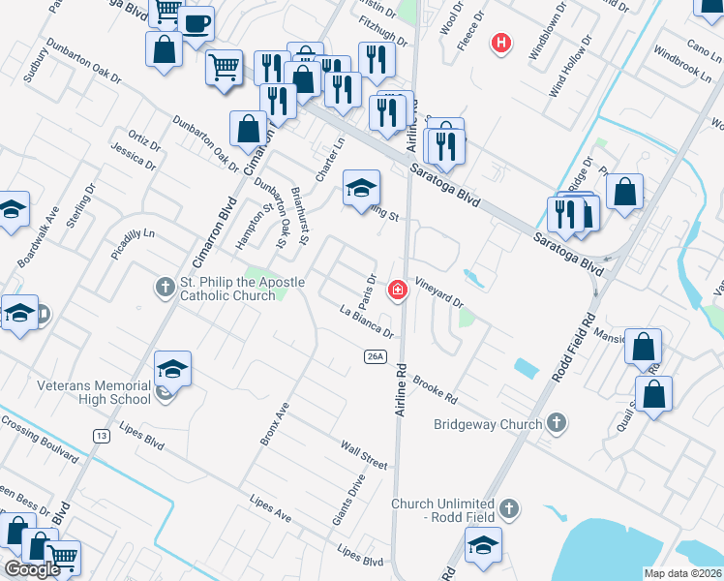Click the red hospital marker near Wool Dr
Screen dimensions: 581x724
(x=500, y=43)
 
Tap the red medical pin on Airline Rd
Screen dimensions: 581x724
(x=397, y=290)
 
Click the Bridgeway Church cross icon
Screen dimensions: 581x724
(x=556, y=422)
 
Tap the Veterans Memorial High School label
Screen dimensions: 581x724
(x=94, y=392)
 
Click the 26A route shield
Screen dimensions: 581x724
(x=377, y=356)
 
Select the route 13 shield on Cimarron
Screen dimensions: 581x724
(x=101, y=436)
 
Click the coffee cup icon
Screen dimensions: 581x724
(x=196, y=24)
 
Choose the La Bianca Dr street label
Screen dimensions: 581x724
(x=366, y=322)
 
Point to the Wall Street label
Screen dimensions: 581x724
(x=363, y=454)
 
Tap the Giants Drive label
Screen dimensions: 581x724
(x=349, y=499)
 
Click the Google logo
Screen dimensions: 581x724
(x=32, y=569)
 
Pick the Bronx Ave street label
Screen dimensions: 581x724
(x=274, y=422)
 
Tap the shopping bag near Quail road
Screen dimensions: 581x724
(x=655, y=393)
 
